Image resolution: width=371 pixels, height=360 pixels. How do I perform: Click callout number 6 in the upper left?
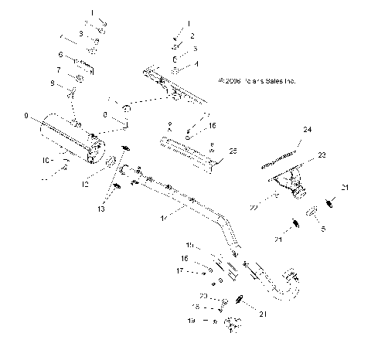click(x=60, y=55)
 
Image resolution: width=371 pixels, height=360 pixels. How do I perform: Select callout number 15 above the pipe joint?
click(x=190, y=245)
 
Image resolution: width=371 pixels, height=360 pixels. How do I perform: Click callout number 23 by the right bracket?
click(x=322, y=155)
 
